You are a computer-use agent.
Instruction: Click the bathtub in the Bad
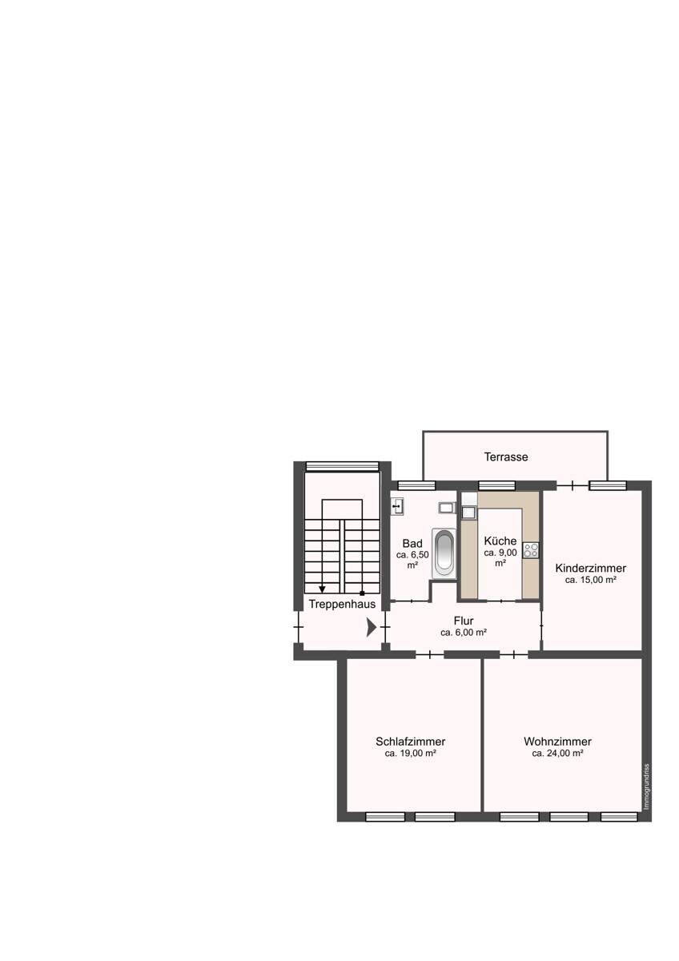(x=444, y=553)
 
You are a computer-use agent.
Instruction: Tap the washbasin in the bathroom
(x=398, y=507)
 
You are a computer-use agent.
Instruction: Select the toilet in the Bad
(x=447, y=508)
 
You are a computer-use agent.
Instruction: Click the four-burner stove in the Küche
(x=531, y=550)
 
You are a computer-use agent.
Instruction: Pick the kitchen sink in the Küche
(x=468, y=513)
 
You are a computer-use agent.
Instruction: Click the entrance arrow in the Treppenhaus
(x=372, y=628)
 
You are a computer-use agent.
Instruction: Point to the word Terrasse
(x=506, y=457)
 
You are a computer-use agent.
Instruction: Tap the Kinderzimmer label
(x=590, y=568)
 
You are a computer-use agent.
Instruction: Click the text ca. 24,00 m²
(x=557, y=753)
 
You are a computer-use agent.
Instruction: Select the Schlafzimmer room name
(x=410, y=742)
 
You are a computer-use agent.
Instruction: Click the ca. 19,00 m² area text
(x=410, y=753)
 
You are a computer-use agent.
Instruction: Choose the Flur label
(x=464, y=621)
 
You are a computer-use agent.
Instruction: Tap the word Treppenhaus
(x=342, y=604)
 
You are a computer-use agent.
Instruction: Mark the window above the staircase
(x=342, y=466)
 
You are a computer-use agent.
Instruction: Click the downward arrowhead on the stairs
(x=322, y=589)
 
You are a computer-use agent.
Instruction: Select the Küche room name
(x=500, y=541)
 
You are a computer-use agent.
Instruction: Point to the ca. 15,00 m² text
(x=591, y=580)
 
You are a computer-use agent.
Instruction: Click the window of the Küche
(x=496, y=485)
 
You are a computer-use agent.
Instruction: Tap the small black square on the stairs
(x=362, y=593)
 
